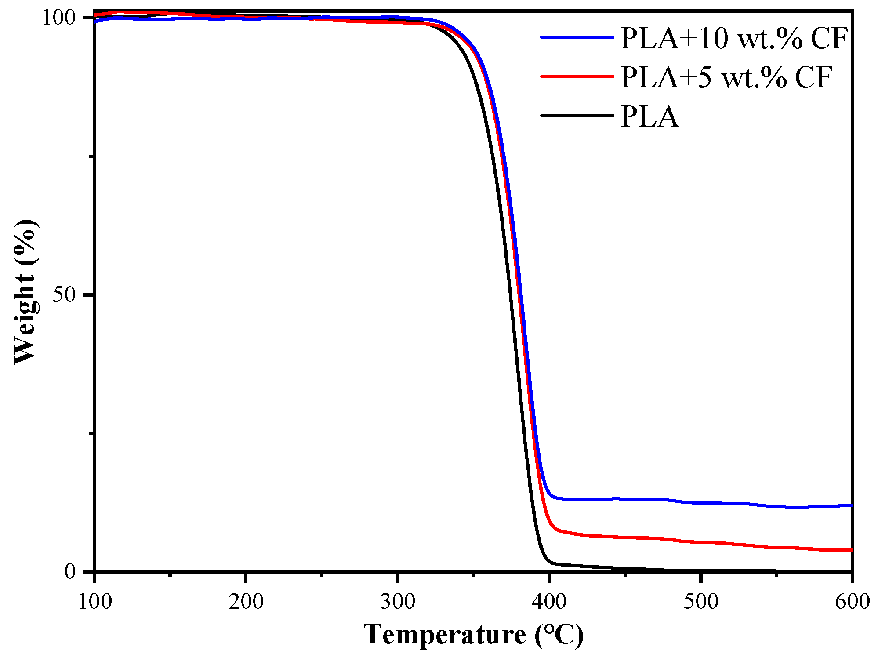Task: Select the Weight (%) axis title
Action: click(x=25, y=292)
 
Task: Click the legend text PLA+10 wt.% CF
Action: click(x=733, y=38)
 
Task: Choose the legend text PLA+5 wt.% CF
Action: click(x=726, y=77)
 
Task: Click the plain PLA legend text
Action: click(x=649, y=116)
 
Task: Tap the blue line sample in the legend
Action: click(x=577, y=38)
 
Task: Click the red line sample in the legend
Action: click(x=577, y=76)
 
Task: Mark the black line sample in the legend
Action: click(x=577, y=116)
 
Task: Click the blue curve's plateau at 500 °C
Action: click(x=701, y=503)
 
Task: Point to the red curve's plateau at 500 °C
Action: click(x=701, y=542)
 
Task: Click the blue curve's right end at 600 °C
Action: click(x=851, y=505)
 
